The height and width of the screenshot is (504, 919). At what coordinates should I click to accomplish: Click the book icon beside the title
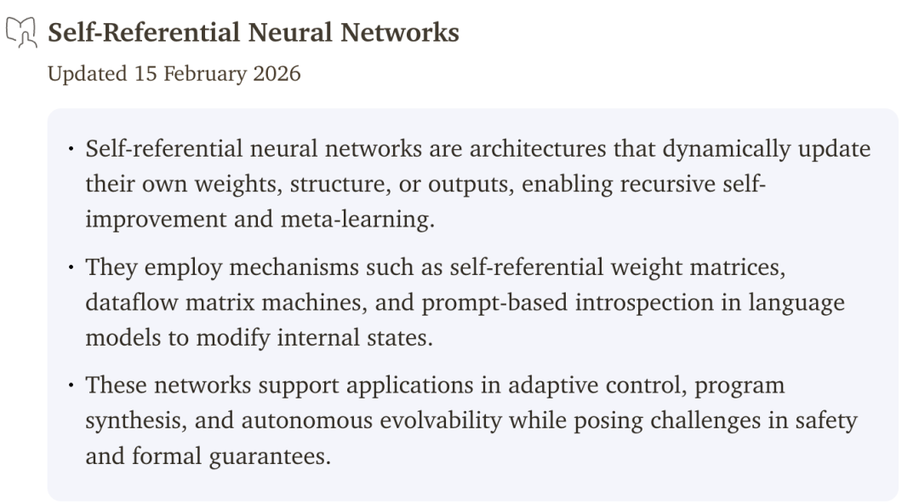21,31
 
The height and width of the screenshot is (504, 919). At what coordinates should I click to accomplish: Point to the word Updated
88,75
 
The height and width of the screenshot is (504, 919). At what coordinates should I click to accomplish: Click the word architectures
538,149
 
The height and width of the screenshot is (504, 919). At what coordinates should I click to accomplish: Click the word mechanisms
294,267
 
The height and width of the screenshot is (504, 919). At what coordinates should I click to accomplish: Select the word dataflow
132,303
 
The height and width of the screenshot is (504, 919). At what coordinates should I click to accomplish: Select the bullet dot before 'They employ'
71,267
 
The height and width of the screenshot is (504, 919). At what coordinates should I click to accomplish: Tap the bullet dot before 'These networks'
71,386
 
